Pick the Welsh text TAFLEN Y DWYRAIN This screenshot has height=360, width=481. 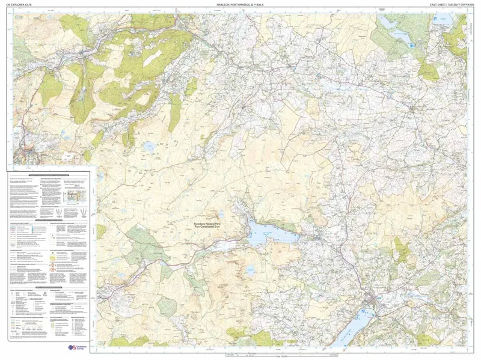pyautogui.click(x=458, y=5)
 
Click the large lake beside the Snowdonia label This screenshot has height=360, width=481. pyautogui.click(x=271, y=233)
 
